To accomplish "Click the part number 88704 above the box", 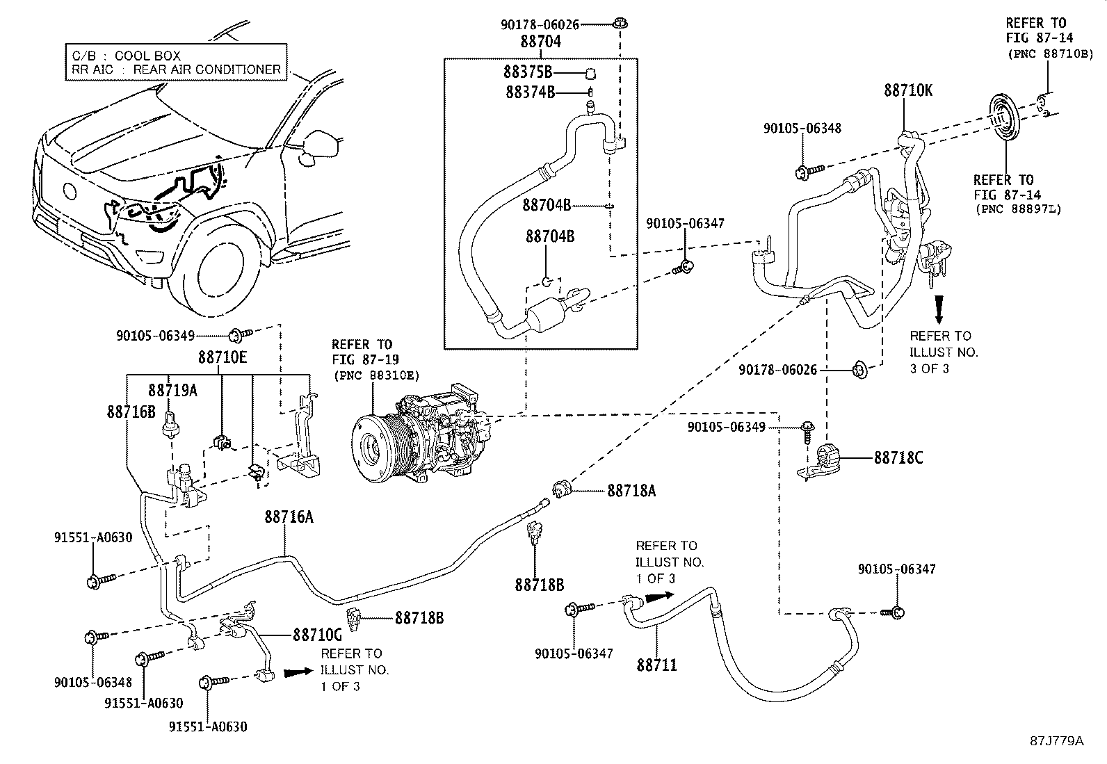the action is click(x=540, y=42).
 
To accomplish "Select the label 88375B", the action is click(x=528, y=72).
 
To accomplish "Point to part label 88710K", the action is click(x=908, y=90).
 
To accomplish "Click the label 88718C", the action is click(x=898, y=458).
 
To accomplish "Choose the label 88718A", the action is click(x=631, y=490).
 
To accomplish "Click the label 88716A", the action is click(x=289, y=517).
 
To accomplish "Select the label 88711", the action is click(x=656, y=665).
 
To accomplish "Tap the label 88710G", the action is click(x=317, y=635).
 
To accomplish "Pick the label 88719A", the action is click(x=172, y=390).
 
